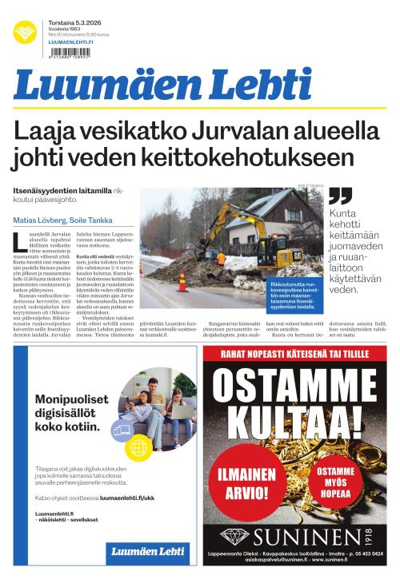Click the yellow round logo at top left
25,33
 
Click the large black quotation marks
340,196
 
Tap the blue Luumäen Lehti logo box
147,551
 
